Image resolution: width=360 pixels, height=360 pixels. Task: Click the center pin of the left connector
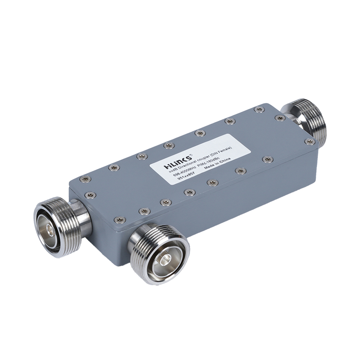click(x=50, y=223)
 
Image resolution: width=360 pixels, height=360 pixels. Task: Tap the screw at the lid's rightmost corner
click(x=310, y=142)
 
